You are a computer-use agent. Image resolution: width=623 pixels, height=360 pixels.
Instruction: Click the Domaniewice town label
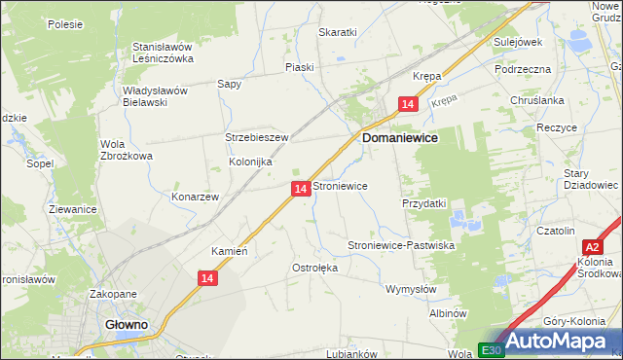coord(400,139)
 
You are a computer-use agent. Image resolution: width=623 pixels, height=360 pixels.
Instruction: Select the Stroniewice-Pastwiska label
coord(402,246)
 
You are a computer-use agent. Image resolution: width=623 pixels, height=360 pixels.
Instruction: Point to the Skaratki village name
coord(338,32)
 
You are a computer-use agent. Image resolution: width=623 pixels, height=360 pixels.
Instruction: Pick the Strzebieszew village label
coord(257,138)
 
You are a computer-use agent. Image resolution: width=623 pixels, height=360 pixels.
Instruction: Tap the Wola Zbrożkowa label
coord(127,150)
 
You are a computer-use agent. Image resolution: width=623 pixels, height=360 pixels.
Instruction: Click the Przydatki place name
coord(423,204)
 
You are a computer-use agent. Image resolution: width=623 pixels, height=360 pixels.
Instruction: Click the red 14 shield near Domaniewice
coord(409,104)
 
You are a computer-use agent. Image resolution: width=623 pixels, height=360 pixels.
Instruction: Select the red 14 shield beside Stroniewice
coord(301,188)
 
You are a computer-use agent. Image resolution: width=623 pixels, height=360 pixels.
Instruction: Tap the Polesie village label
coord(65,24)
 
